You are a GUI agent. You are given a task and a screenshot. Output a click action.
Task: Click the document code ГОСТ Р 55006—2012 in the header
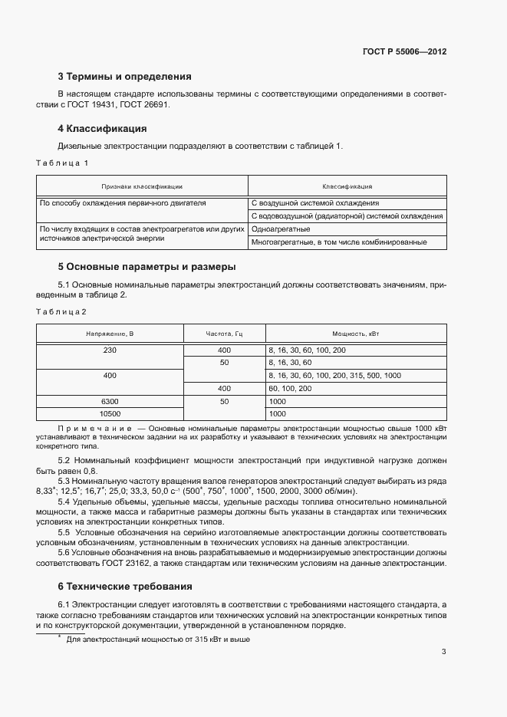(x=403, y=52)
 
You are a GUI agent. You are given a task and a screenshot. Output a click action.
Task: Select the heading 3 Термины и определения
(x=124, y=77)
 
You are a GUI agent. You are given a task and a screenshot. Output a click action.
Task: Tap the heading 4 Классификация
(x=102, y=128)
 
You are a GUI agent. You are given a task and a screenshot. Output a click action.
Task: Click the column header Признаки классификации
(x=142, y=186)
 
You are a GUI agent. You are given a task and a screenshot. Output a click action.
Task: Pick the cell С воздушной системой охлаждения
(x=314, y=203)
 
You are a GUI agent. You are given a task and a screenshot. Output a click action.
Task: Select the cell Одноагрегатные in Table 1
(x=281, y=229)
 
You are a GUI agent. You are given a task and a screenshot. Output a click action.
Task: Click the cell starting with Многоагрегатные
(x=338, y=243)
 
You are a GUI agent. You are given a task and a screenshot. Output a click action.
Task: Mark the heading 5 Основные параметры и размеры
(x=147, y=267)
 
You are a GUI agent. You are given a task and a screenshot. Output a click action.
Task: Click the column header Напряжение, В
(x=110, y=334)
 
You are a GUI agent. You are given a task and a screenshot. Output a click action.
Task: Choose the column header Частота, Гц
(x=224, y=334)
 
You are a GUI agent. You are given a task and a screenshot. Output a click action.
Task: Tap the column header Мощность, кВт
(x=354, y=334)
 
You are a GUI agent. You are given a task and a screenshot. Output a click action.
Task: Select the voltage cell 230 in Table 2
(x=110, y=350)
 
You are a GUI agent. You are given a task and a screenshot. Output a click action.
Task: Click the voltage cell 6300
(x=110, y=401)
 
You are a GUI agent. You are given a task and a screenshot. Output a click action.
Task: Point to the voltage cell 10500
(x=110, y=414)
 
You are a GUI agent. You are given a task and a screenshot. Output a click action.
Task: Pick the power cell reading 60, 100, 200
(x=290, y=389)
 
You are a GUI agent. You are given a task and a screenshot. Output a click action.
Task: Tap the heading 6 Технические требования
(x=125, y=587)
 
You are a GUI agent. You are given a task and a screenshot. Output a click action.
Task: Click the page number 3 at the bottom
(x=443, y=652)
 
